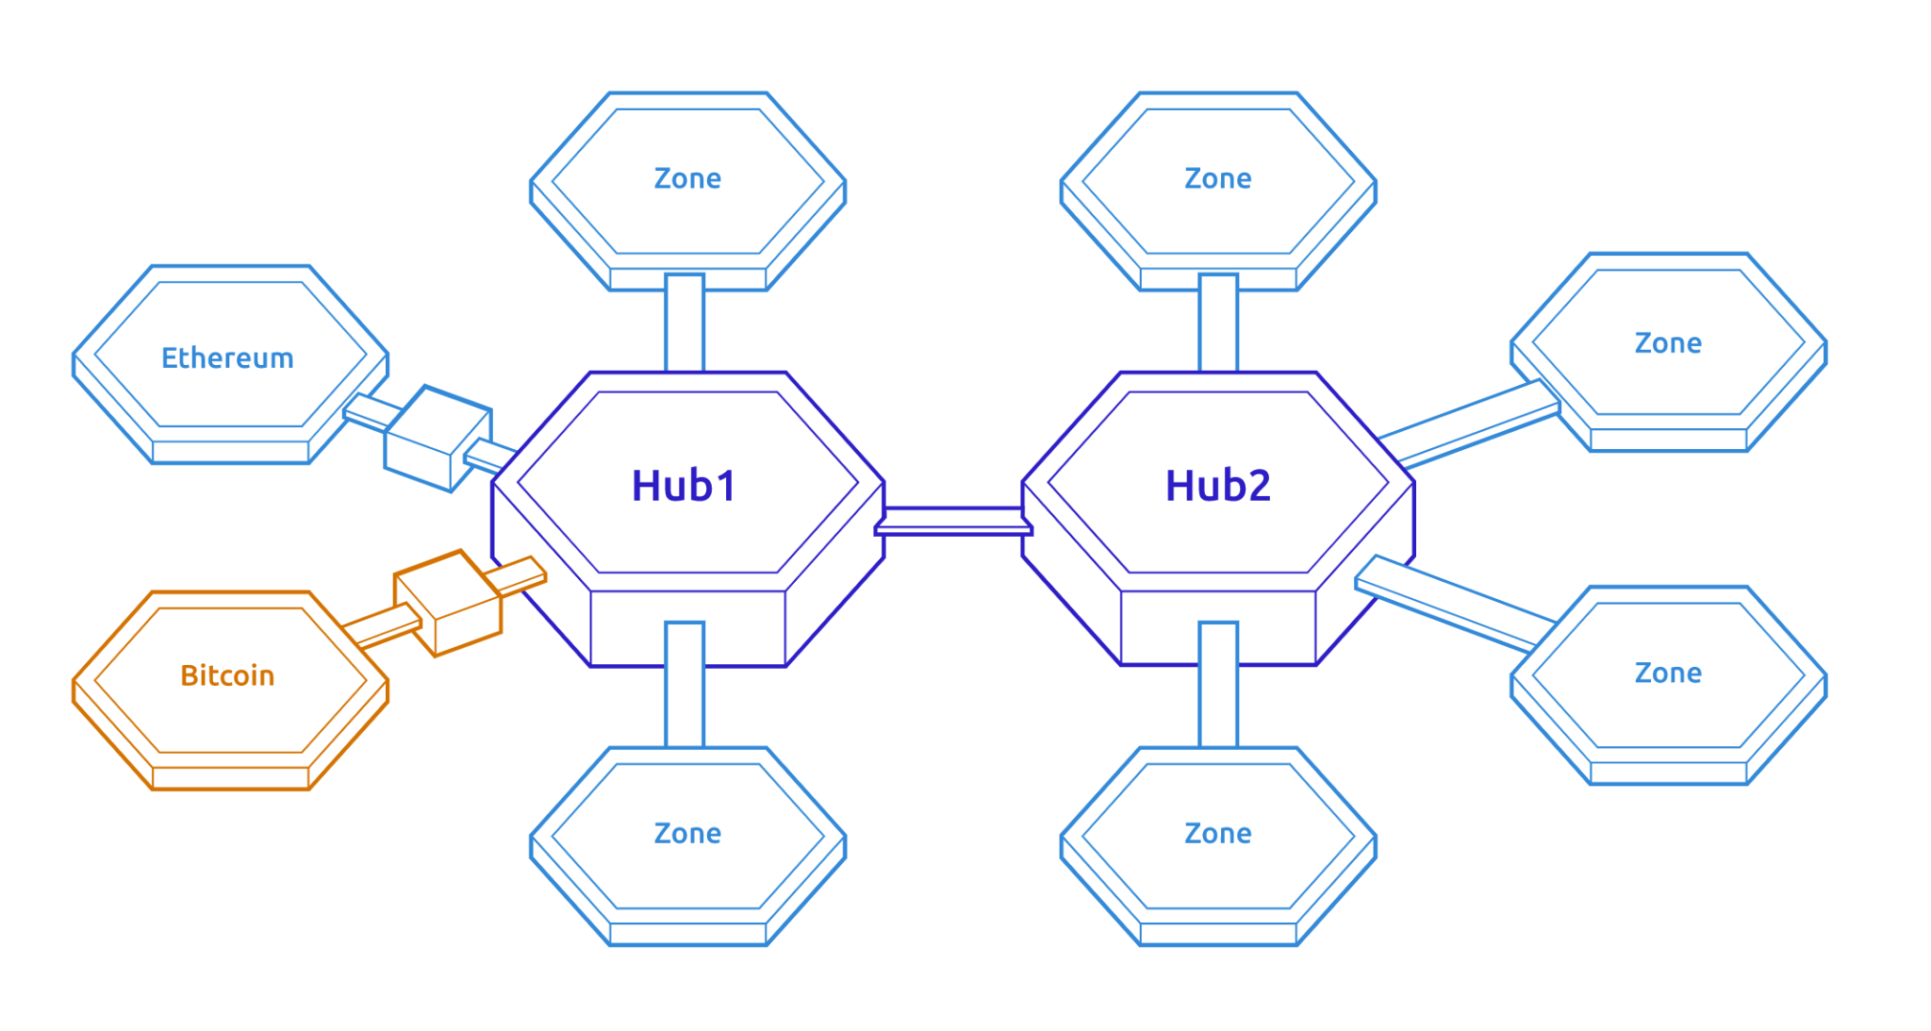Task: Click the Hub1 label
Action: point(684,486)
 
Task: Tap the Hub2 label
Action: point(1217,486)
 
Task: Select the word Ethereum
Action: point(227,358)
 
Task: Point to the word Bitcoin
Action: point(227,675)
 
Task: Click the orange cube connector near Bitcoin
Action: point(448,602)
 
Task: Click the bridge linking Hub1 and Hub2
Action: point(953,522)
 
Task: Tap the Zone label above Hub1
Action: point(687,178)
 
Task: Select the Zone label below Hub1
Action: point(687,833)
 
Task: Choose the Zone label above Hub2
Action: point(1217,178)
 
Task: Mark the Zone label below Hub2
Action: point(1217,833)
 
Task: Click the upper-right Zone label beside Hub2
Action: point(1668,342)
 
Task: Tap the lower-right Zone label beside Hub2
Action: point(1668,673)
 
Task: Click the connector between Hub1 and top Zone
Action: point(685,324)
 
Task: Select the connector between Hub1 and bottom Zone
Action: point(685,685)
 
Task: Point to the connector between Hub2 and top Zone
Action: point(1218,324)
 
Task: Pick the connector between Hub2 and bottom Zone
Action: point(1218,685)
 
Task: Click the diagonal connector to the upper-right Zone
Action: point(1469,424)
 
